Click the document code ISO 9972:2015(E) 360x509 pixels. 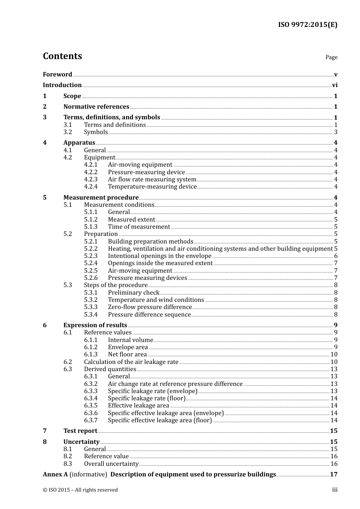pos(307,25)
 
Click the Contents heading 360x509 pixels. pos(62,56)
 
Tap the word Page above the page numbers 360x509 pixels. pos(331,57)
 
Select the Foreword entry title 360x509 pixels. pos(57,75)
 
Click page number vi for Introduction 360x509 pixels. pos(335,85)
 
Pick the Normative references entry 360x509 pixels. pos(96,107)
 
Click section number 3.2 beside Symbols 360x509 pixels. pos(67,132)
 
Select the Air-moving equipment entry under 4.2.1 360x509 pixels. pos(140,165)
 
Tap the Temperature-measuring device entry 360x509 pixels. pos(152,187)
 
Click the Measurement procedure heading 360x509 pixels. pos(101,198)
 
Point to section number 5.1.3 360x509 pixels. pos(91,227)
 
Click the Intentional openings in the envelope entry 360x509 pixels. pos(160,256)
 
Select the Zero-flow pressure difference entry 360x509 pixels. pos(150,307)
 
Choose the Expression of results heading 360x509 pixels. pos(95,325)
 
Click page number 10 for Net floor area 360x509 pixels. pos(334,354)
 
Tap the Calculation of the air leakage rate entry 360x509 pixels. pos(131,362)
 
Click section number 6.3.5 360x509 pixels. pos(91,406)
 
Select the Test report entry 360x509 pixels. pos(80,431)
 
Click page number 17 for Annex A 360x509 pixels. pos(333,475)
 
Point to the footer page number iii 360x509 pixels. pos(335,490)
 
